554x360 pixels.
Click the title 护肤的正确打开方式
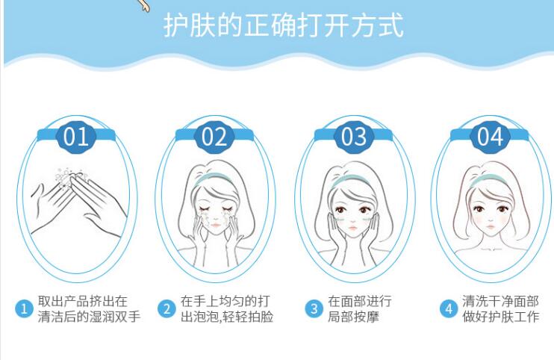click(x=284, y=25)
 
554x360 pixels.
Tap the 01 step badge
click(x=76, y=137)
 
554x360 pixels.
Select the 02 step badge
click(x=214, y=137)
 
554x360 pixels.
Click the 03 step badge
click(x=354, y=137)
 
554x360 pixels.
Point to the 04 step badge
click(x=490, y=137)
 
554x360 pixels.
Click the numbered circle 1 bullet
click(x=24, y=308)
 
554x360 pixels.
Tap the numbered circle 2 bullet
click(x=166, y=308)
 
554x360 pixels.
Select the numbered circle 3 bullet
click(x=314, y=308)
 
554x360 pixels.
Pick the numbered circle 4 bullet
click(x=449, y=308)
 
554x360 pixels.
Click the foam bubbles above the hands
click(x=69, y=177)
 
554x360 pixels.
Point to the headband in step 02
click(x=214, y=178)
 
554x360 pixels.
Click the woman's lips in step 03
click(x=353, y=228)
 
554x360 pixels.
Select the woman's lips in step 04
click(x=491, y=226)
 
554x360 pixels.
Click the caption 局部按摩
click(x=353, y=317)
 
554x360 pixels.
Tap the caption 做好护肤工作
click(x=501, y=317)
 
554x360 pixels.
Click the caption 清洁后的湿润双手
click(x=89, y=317)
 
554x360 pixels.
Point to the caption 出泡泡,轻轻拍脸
click(x=227, y=317)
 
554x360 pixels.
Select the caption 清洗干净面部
click(x=501, y=301)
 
